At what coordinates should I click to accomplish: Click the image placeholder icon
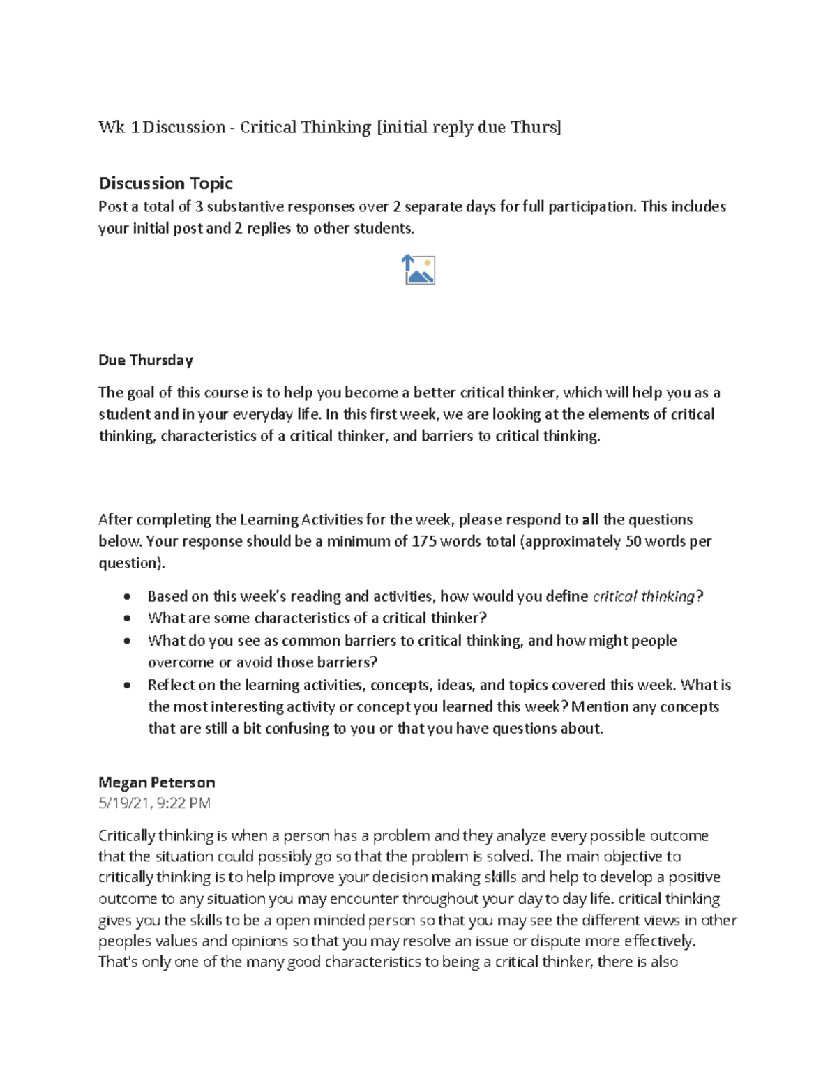click(x=418, y=270)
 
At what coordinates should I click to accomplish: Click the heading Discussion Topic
click(x=165, y=183)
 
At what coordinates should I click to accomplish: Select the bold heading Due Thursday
click(x=145, y=361)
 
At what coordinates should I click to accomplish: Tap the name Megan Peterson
click(x=156, y=782)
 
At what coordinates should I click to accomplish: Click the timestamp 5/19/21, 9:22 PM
click(x=154, y=803)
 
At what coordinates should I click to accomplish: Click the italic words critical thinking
click(x=644, y=597)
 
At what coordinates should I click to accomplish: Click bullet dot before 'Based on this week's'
click(x=126, y=598)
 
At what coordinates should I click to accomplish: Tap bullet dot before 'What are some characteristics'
click(x=126, y=619)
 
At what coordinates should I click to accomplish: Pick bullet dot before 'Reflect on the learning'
click(x=126, y=686)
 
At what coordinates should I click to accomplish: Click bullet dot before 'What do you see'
click(x=126, y=642)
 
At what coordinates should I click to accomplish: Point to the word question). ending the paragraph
click(x=133, y=563)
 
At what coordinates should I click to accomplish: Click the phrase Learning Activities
click(x=301, y=520)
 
